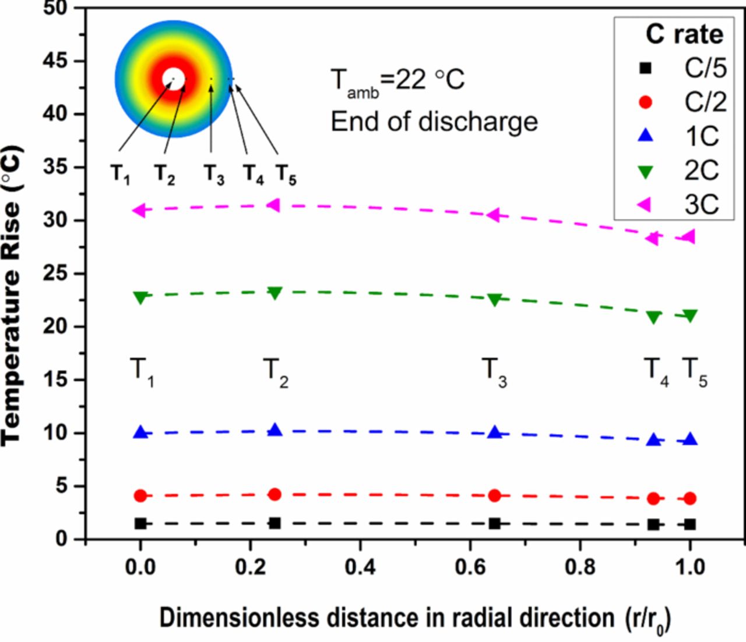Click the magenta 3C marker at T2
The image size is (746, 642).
tap(273, 205)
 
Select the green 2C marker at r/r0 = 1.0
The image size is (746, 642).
tap(690, 316)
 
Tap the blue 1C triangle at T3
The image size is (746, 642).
tap(495, 432)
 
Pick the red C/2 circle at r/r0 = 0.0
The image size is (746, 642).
tap(140, 496)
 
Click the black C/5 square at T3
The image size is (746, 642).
tap(495, 523)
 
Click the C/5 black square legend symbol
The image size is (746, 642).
tap(645, 68)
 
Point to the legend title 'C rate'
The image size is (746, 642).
tap(684, 34)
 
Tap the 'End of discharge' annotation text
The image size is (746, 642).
tap(434, 122)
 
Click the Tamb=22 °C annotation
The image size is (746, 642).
tap(397, 80)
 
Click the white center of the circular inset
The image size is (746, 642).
tap(174, 79)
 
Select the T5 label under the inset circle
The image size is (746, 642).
tap(286, 174)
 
